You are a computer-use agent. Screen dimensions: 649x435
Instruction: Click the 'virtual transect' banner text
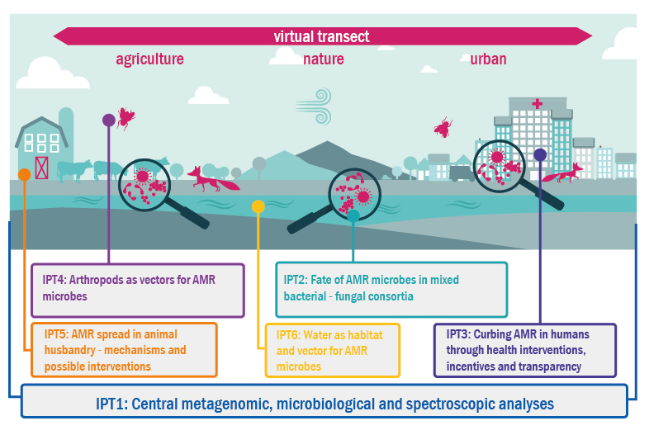coord(321,36)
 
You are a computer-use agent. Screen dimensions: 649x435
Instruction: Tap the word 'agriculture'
coord(149,59)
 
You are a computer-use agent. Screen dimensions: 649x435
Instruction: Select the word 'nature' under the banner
coord(323,59)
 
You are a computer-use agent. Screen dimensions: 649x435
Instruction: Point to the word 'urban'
coord(488,59)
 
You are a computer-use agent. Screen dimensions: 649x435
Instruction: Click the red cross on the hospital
coord(537,103)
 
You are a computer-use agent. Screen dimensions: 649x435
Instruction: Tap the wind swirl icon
coord(314,106)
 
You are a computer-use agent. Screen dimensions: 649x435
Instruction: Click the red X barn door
coord(42,168)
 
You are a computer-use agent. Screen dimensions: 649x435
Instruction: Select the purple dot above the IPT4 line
coord(108,120)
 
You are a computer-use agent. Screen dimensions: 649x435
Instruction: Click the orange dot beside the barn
coord(25,175)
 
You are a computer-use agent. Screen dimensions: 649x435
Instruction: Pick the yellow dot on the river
coord(258,206)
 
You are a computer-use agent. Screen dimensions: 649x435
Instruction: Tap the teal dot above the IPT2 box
coord(353,215)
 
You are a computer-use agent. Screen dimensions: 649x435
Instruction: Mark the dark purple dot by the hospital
coord(540,155)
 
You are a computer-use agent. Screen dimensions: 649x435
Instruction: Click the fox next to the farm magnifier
coord(213,179)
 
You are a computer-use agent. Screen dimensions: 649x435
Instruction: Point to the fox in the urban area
coord(563,173)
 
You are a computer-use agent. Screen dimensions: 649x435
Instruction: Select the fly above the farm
coord(126,118)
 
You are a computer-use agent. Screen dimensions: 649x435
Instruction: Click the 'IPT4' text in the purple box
coord(54,280)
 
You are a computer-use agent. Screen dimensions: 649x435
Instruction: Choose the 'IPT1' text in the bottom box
coord(111,404)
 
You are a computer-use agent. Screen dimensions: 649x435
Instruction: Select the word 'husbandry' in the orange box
coord(69,351)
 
